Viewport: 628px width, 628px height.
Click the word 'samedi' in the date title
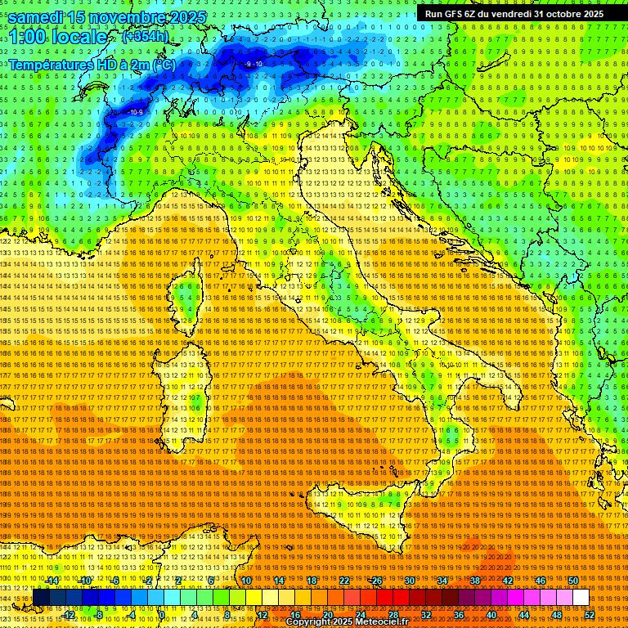(40, 16)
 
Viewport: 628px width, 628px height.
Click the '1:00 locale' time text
(57, 38)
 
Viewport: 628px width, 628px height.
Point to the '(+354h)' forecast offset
(146, 37)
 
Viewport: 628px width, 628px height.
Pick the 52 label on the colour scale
(589, 615)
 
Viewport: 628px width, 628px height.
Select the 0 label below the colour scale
(163, 615)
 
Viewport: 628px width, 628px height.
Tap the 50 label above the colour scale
(572, 581)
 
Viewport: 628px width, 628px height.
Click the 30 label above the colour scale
(409, 581)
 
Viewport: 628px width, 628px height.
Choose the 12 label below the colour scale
(262, 615)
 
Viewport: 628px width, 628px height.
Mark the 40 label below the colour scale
(491, 615)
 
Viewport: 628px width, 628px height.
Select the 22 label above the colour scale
(343, 581)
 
